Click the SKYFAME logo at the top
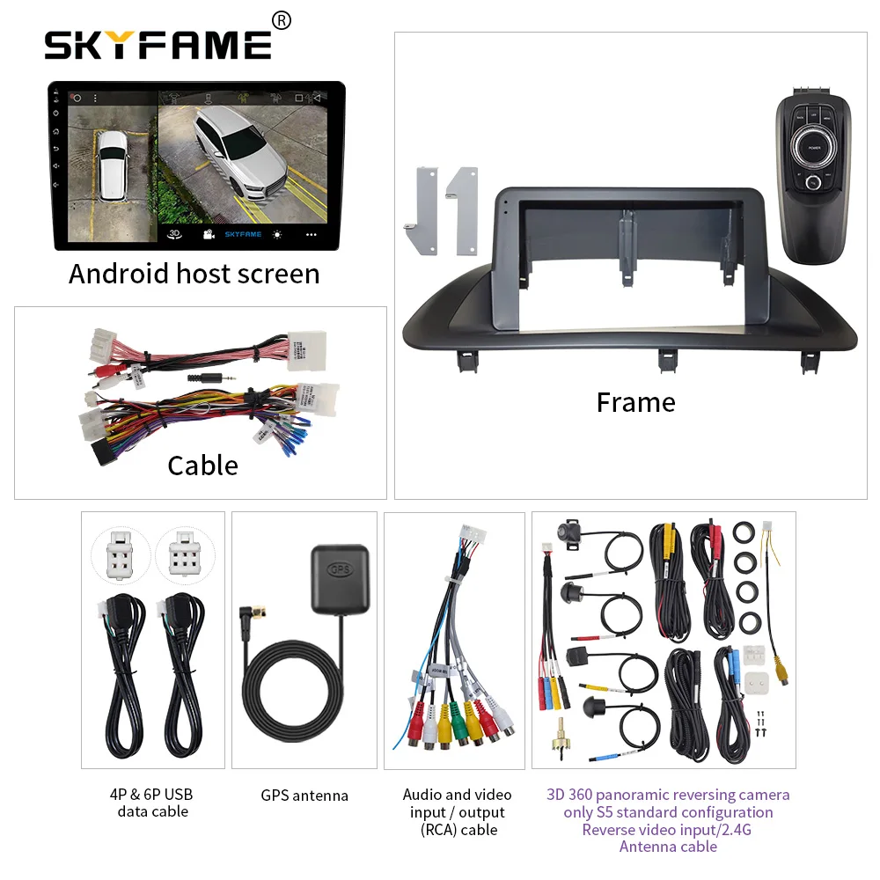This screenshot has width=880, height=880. tap(158, 45)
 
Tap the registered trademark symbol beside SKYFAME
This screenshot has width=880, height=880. tap(282, 19)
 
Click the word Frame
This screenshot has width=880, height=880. tap(635, 402)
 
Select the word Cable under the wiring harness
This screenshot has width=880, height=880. tap(202, 465)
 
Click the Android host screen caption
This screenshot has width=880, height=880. tap(194, 273)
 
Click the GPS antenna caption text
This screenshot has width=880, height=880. tap(304, 796)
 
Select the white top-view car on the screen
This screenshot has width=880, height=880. tap(113, 167)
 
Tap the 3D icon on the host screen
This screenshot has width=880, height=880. tap(174, 234)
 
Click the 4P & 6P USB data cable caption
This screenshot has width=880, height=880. tap(153, 803)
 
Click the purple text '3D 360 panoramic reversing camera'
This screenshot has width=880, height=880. tap(668, 795)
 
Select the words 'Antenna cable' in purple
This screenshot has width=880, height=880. tap(668, 847)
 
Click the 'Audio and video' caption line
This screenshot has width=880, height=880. tap(457, 795)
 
